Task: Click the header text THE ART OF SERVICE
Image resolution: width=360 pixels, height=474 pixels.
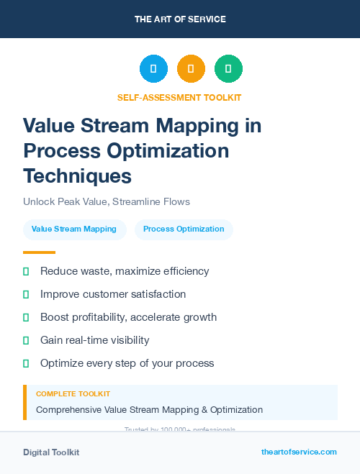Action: (x=180, y=19)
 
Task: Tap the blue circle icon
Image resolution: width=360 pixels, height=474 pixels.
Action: (x=153, y=69)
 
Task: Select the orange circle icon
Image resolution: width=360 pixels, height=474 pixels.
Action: (x=191, y=69)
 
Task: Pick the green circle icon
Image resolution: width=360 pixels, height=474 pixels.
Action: (x=228, y=69)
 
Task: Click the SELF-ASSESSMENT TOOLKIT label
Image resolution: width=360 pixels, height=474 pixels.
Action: (x=180, y=97)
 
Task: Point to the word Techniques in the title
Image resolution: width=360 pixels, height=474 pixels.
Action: (x=77, y=175)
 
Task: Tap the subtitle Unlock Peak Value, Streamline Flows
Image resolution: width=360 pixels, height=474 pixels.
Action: (x=106, y=201)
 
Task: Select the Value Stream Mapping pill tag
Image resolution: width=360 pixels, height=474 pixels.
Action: (x=74, y=229)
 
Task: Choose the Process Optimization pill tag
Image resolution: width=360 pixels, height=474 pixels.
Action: (x=184, y=229)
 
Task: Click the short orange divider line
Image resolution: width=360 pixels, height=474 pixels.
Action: (x=39, y=252)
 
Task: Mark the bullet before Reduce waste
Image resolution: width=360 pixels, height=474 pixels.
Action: (x=26, y=271)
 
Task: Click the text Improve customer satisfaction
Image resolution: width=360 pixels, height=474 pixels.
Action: (x=113, y=294)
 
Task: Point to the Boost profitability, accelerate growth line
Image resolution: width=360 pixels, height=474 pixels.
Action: (x=128, y=317)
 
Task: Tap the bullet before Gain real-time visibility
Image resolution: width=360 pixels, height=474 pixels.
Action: (x=26, y=340)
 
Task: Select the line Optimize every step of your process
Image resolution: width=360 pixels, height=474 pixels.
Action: (x=127, y=363)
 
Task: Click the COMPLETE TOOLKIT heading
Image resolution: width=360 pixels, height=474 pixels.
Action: (x=73, y=394)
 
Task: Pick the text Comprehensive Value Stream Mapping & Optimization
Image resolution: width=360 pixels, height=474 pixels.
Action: (x=149, y=409)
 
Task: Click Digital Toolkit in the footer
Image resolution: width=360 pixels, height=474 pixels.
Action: (x=51, y=452)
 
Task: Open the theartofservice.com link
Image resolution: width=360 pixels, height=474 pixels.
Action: (x=299, y=452)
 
